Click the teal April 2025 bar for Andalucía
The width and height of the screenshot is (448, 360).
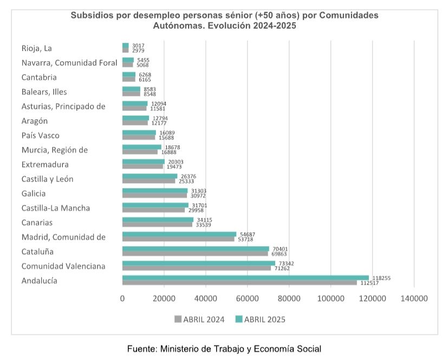pos(245,278)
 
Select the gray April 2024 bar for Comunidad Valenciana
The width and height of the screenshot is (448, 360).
pos(196,268)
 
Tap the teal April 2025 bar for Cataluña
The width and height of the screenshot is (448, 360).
pos(196,249)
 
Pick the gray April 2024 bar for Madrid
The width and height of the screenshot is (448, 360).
pos(178,239)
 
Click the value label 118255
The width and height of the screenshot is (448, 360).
pos(380,278)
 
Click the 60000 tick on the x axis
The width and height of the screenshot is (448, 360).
pos(247,298)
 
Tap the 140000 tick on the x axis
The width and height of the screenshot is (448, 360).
pos(414,298)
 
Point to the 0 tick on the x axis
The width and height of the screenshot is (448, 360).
pos(122,298)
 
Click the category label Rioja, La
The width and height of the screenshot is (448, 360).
pos(36,48)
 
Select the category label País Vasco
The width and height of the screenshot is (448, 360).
pos(40,135)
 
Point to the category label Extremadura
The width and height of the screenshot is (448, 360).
pos(45,164)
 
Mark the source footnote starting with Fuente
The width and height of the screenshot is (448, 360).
pos(224,348)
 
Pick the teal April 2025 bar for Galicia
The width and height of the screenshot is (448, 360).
pos(154,191)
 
